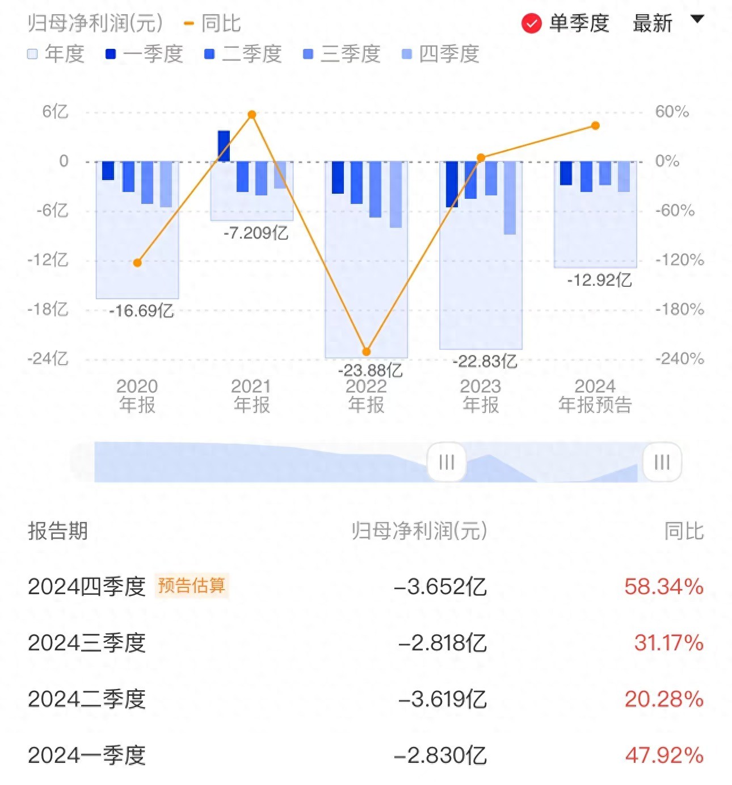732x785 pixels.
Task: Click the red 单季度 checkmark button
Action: coord(531,24)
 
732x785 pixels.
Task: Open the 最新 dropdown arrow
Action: coord(697,20)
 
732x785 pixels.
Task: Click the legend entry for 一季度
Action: coord(144,54)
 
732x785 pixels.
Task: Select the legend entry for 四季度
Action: coord(440,54)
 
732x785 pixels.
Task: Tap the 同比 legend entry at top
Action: coord(213,24)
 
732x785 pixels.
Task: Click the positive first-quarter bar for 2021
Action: coord(224,146)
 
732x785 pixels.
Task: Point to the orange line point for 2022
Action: coord(366,352)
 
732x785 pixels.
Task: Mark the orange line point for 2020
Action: coord(137,262)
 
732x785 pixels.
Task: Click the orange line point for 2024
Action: coord(595,126)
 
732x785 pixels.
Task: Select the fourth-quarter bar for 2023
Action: coord(510,198)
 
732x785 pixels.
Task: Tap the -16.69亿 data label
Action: coord(141,311)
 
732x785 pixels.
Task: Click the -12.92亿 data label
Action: coord(599,280)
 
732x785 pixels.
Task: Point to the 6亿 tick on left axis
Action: coord(55,112)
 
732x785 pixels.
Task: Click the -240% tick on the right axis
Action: coord(679,358)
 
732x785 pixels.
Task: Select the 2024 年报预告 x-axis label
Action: coord(595,396)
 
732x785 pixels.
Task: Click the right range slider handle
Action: coord(662,462)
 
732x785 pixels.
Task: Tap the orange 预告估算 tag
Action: coord(191,586)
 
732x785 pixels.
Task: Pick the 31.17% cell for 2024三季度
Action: coord(668,643)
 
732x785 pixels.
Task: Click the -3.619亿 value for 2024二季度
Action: coord(442,699)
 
